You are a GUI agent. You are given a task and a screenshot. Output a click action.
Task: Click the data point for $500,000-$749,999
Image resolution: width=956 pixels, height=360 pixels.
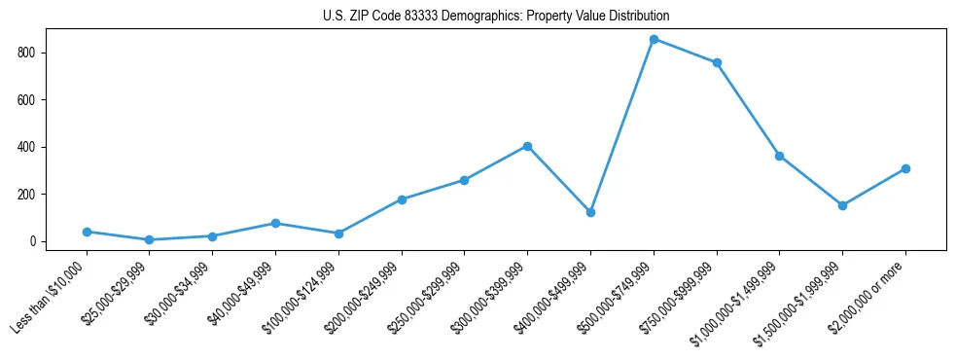pos(654,39)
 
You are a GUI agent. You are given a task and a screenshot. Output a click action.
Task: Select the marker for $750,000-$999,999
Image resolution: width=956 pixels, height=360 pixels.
pos(717,62)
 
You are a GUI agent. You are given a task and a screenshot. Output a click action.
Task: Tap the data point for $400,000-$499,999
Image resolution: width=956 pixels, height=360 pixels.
pos(590,212)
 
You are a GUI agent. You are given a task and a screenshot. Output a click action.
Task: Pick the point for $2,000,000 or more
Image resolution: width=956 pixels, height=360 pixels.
pos(905,168)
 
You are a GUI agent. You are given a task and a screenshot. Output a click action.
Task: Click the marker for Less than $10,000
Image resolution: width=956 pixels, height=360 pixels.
pos(87,232)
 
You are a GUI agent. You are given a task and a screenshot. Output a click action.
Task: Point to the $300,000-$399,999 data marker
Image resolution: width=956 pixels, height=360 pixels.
pos(527,146)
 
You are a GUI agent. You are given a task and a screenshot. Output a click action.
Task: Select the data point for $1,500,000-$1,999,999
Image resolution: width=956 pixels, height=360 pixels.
pos(842,205)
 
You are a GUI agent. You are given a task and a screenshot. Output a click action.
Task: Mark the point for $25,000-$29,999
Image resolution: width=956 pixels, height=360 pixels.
pos(149,239)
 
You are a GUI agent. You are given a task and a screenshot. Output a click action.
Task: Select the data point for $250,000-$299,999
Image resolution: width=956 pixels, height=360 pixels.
pos(464,180)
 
